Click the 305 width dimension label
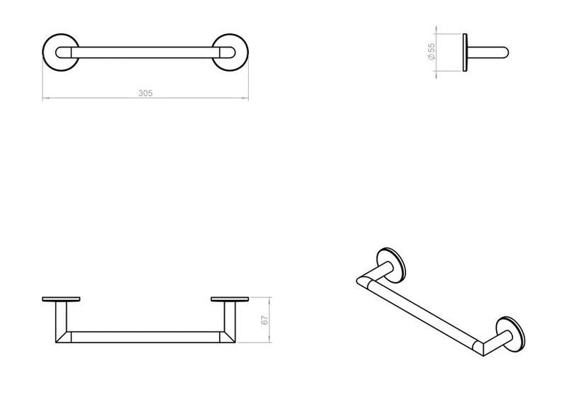(x=145, y=93)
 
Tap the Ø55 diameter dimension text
(x=432, y=52)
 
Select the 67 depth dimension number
(x=265, y=320)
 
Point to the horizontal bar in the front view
(x=145, y=52)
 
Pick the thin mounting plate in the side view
(x=465, y=52)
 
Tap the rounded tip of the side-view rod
(x=506, y=52)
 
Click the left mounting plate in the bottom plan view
(x=61, y=299)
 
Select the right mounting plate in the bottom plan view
(x=230, y=299)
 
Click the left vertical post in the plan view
(x=61, y=316)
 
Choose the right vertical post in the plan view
(x=230, y=316)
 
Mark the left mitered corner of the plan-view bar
(x=64, y=337)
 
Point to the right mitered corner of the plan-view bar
(x=228, y=337)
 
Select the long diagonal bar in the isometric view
(x=422, y=316)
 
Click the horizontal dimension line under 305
(x=145, y=98)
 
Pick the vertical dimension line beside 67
(x=269, y=320)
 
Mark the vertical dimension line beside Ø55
(x=436, y=52)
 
